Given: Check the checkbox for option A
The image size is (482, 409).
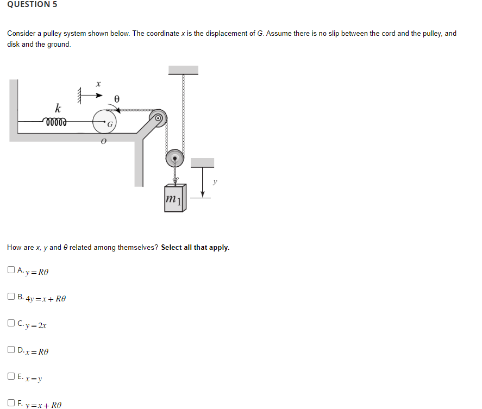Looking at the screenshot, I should tap(11, 269).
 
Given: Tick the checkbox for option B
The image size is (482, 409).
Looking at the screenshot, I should tap(11, 297).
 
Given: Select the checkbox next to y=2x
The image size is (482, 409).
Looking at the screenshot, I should tap(11, 324).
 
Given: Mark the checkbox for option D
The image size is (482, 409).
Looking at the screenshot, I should tap(11, 350).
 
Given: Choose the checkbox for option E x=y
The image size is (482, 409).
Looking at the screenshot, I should tap(11, 376).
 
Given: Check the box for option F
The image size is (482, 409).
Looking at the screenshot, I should tap(11, 403).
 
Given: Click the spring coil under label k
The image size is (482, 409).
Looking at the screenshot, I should tap(54, 122).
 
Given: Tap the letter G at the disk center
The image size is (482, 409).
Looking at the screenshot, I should tap(110, 124).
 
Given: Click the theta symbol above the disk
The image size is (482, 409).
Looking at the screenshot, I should tap(116, 99).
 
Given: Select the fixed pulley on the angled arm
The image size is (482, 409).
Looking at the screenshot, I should tap(159, 117).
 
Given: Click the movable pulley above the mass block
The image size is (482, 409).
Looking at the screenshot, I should tap(174, 159).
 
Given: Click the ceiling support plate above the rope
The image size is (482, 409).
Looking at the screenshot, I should tap(183, 70).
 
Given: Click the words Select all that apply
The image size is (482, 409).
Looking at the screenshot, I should tap(195, 247).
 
